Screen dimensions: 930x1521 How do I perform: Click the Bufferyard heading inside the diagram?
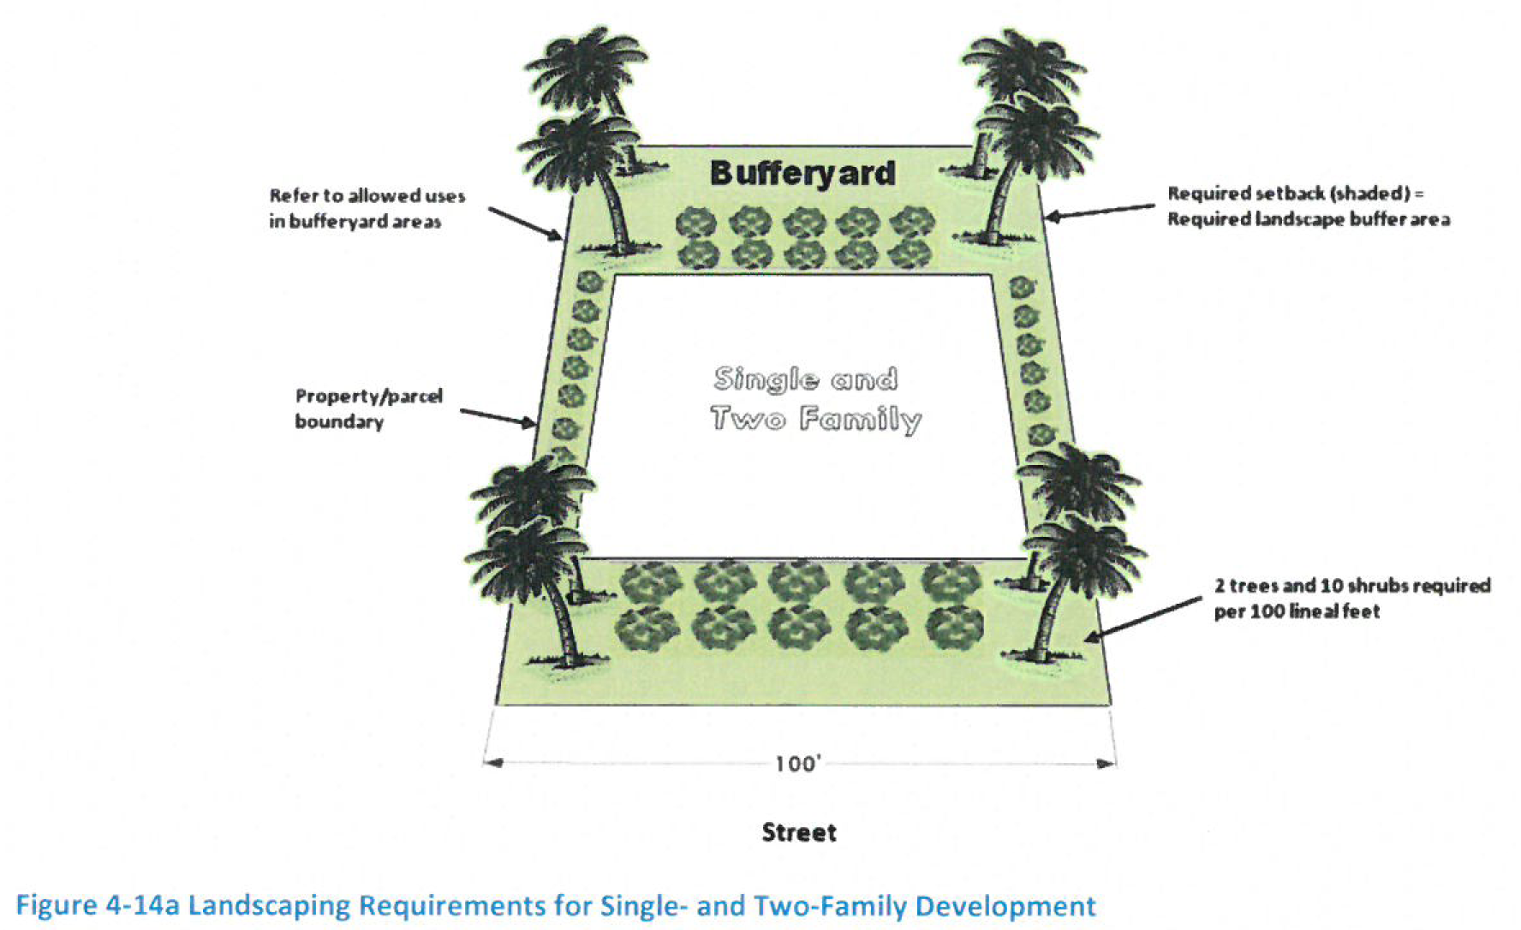click(x=802, y=174)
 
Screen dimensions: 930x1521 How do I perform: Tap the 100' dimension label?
click(x=797, y=763)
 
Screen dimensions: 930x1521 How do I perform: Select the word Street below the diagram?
click(x=799, y=832)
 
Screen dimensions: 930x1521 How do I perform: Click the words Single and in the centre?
click(x=806, y=379)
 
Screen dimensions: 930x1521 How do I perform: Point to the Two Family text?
click(x=815, y=419)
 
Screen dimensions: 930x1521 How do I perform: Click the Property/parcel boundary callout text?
click(x=368, y=408)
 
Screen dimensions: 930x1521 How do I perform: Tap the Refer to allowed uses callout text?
click(x=367, y=208)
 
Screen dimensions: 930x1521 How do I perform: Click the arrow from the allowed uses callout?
click(x=525, y=222)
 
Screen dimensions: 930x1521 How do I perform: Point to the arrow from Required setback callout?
click(x=1100, y=212)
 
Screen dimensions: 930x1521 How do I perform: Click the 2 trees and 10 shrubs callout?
click(x=1351, y=598)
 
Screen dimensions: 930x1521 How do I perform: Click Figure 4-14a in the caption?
click(x=98, y=906)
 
